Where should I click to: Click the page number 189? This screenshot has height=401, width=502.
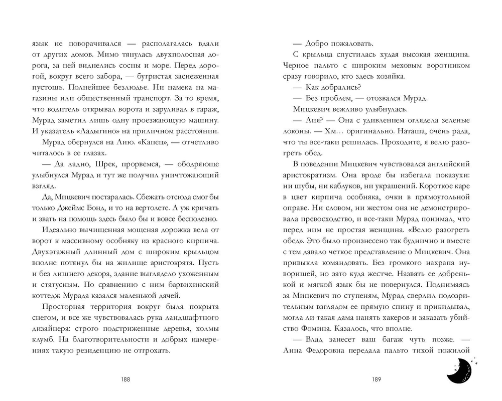(376, 379)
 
